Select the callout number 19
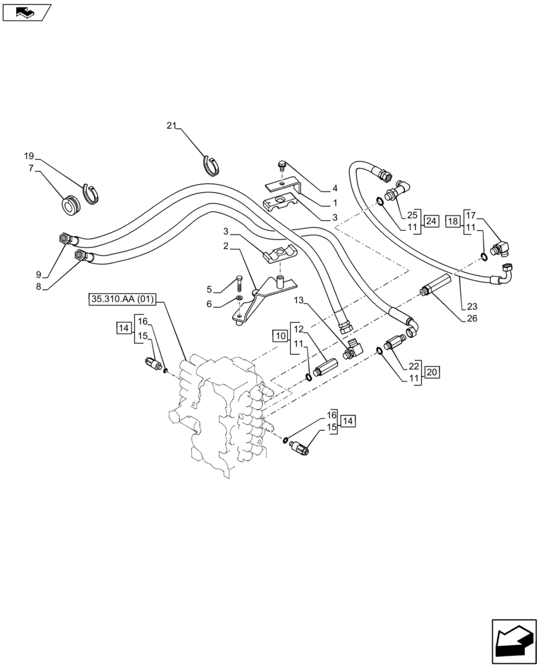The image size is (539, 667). pyautogui.click(x=29, y=156)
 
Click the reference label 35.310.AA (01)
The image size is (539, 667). pyautogui.click(x=121, y=299)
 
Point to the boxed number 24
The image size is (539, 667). pyautogui.click(x=431, y=221)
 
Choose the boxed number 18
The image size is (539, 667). pyautogui.click(x=452, y=221)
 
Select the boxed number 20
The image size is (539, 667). pyautogui.click(x=431, y=372)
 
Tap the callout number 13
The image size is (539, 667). pyautogui.click(x=299, y=300)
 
